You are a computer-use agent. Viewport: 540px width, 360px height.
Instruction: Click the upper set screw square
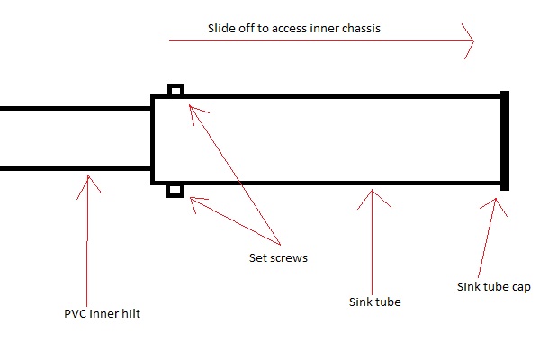(176, 91)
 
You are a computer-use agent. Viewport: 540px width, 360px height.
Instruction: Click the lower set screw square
(176, 190)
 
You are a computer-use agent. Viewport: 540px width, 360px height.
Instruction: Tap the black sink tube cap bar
(505, 140)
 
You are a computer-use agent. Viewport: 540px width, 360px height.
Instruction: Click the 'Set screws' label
(279, 258)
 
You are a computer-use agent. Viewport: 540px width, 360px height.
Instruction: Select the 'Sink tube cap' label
(494, 288)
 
